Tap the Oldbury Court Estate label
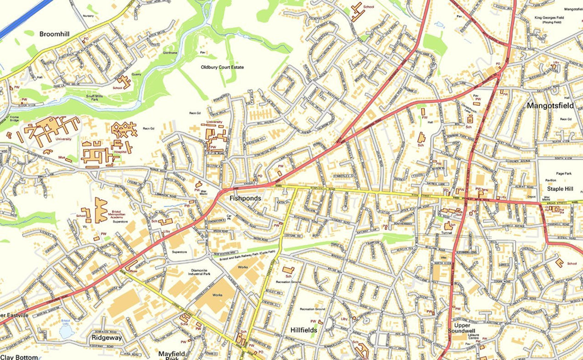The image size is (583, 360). [223, 67]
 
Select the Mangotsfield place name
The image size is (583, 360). [550, 106]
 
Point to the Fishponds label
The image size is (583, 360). [246, 199]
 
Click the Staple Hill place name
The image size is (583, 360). [558, 189]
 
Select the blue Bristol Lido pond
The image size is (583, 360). [67, 332]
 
